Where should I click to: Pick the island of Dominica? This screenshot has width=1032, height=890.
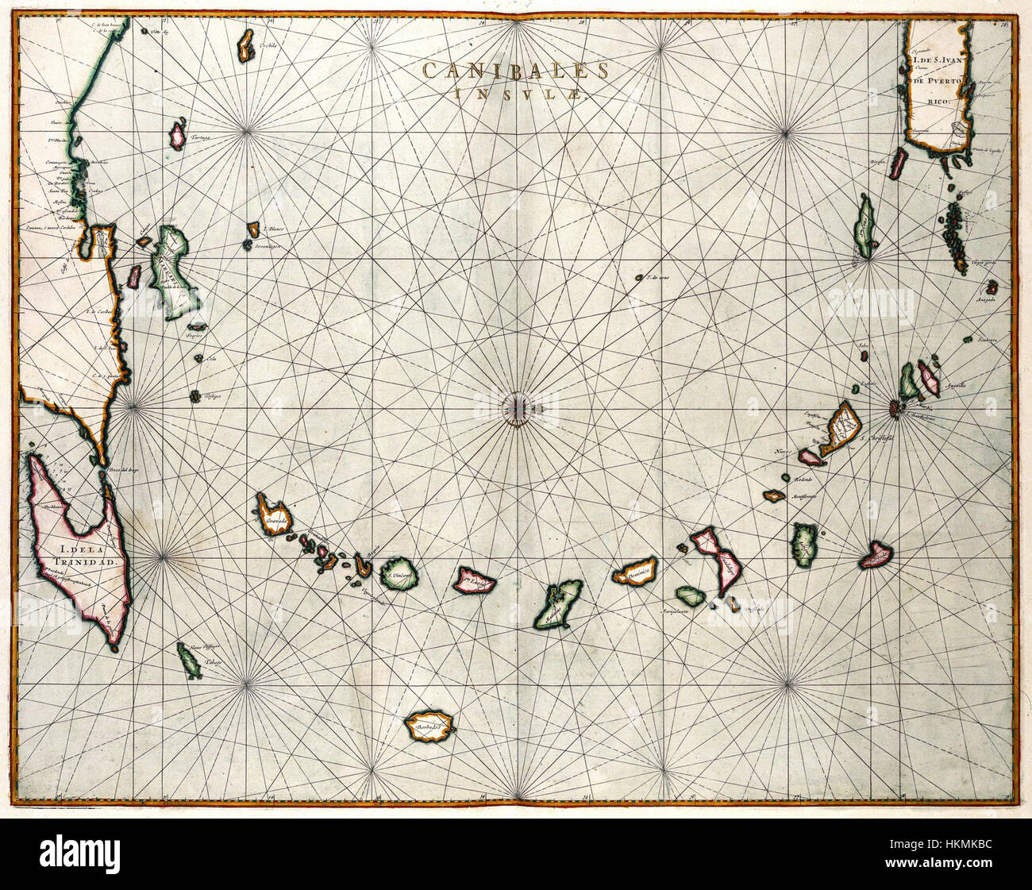[635, 570]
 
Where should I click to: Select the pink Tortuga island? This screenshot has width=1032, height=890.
[178, 136]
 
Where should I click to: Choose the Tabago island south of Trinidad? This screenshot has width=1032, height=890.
[189, 659]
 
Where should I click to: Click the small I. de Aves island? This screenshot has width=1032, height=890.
[639, 278]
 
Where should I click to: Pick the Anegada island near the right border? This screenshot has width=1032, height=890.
[992, 287]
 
